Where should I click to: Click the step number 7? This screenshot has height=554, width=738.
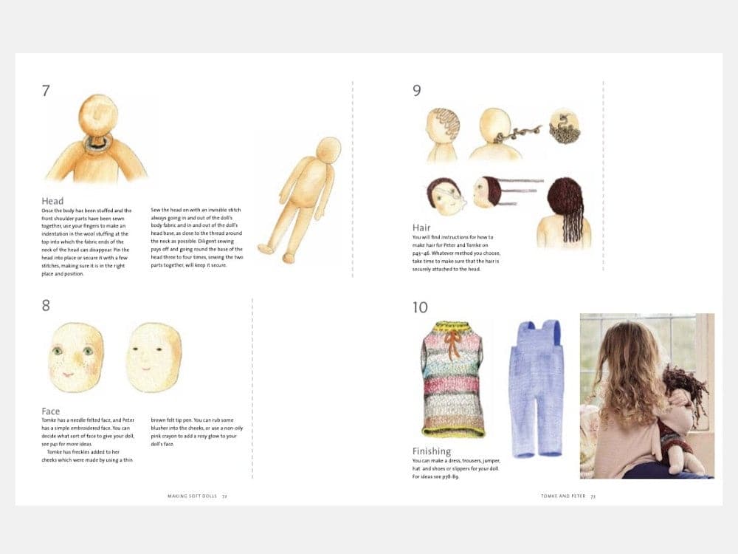coord(46,92)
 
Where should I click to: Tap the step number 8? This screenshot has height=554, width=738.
coord(46,305)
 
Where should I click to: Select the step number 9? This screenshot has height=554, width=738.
coord(417,92)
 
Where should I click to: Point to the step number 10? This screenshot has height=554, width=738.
coord(420,307)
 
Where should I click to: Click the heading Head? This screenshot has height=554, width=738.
coord(52,201)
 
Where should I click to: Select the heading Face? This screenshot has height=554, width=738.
coord(51,411)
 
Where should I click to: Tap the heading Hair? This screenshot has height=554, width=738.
coord(421,228)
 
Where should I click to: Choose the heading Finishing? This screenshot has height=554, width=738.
coord(432,451)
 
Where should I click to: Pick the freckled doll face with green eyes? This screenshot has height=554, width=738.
coord(76,357)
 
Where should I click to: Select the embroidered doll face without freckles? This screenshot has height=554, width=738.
coord(154,357)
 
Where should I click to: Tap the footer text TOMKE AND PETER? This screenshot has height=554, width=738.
coord(563,496)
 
